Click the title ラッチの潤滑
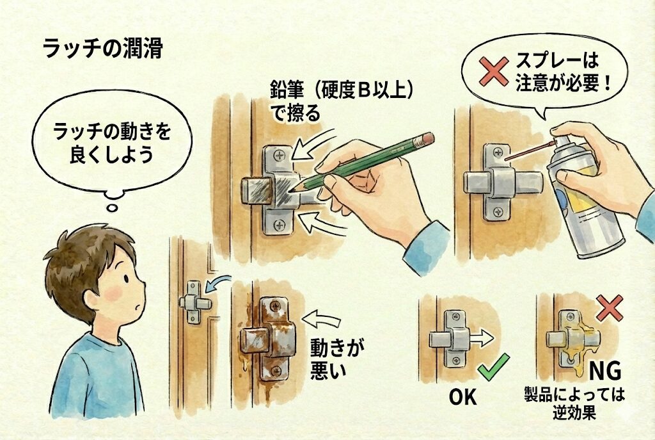103,49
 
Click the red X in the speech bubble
493,71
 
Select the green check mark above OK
493,367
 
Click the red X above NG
609,307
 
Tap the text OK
462,397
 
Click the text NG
605,371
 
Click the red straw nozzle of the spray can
529,151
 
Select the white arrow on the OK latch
482,338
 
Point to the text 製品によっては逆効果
574,403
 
